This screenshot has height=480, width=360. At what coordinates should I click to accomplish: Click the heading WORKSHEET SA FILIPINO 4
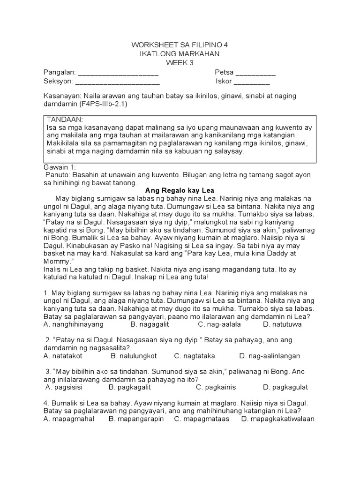[x=180, y=45]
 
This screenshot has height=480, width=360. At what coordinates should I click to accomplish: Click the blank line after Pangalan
[x=118, y=74]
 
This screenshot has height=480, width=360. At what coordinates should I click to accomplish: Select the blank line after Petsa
[x=255, y=74]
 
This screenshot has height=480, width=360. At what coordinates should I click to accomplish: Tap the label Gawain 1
[x=56, y=167]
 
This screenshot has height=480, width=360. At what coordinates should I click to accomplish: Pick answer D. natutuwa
[x=282, y=324]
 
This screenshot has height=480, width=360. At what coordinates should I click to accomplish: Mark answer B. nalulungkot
[x=133, y=356]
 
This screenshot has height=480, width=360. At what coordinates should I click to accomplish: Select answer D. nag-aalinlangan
[x=270, y=356]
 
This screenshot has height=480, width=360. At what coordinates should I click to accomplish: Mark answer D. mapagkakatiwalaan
[x=277, y=419]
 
